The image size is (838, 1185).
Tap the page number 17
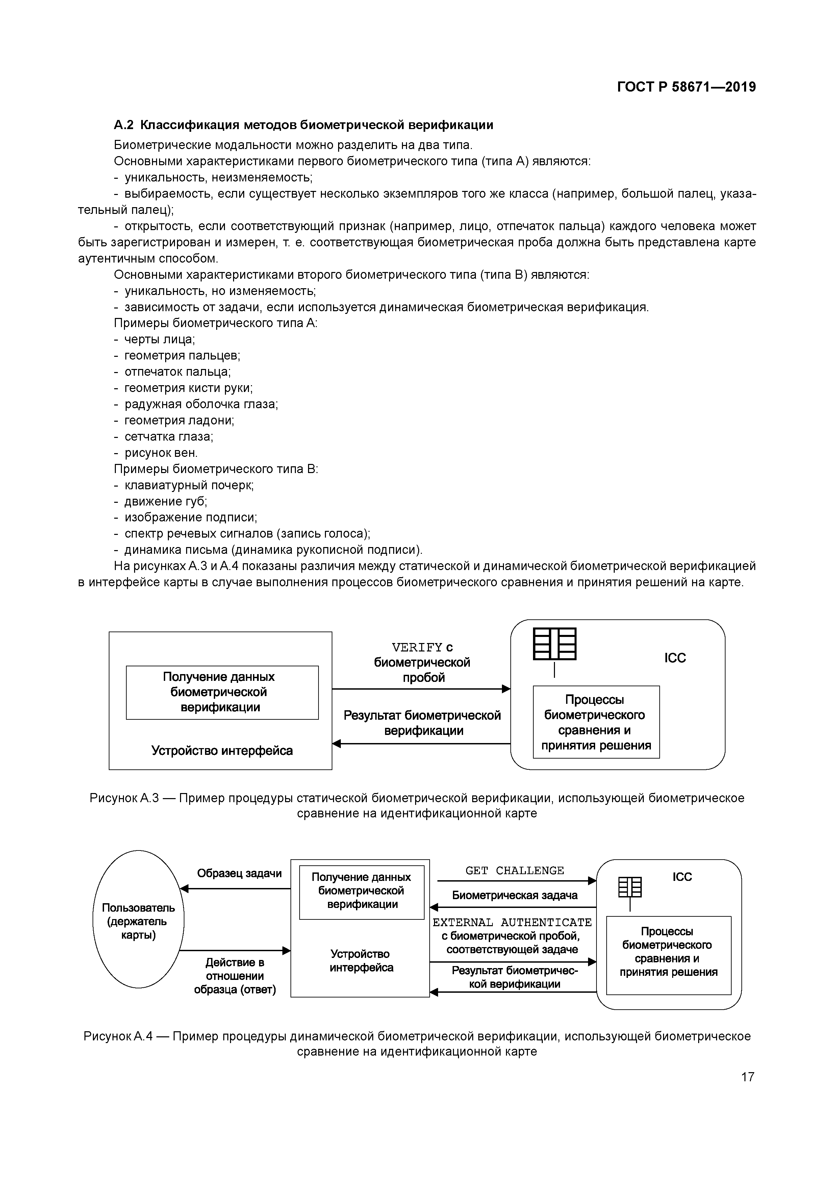click(747, 1077)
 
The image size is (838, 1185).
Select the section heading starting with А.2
click(303, 125)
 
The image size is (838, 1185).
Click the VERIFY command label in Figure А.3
click(417, 647)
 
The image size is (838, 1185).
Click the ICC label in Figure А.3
click(675, 658)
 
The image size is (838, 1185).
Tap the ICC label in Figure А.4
click(682, 877)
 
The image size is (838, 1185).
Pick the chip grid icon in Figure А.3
click(554, 644)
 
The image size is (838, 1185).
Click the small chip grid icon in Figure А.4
click(630, 887)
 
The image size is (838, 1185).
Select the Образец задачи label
click(239, 873)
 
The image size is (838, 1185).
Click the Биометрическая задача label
click(514, 895)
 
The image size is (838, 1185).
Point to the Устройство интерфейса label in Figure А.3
click(222, 750)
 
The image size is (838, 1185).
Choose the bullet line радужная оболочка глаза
click(201, 404)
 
